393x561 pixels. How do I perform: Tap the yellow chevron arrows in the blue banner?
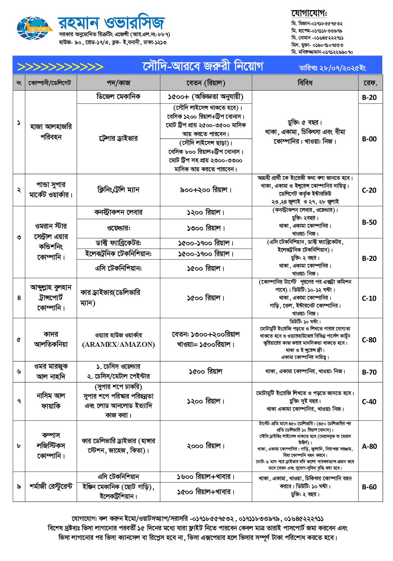[x=60, y=67]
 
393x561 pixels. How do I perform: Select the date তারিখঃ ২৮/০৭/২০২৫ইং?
[x=332, y=68]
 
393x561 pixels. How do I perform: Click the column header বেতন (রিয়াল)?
[x=206, y=83]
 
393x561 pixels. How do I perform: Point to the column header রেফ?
[x=370, y=83]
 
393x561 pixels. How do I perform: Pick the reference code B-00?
[x=369, y=139]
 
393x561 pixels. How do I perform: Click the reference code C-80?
[x=369, y=340]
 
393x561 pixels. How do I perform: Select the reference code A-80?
[x=369, y=446]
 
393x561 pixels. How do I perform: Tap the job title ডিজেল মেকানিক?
[x=118, y=97]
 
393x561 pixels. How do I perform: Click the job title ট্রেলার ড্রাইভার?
[x=118, y=139]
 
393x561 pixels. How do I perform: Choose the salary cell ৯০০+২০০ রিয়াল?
[x=206, y=190]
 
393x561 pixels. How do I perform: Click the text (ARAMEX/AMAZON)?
[x=118, y=345]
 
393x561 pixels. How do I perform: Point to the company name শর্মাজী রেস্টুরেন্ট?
[x=51, y=486]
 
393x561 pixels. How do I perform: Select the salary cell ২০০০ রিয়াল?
[x=206, y=446]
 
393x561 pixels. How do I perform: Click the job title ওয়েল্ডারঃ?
[x=118, y=228]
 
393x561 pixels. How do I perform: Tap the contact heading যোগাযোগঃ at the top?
[x=309, y=13]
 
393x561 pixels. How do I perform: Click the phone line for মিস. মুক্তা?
[x=317, y=45]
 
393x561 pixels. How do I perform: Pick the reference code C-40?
[x=369, y=402]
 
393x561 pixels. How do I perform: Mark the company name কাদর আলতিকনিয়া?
[x=51, y=339]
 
